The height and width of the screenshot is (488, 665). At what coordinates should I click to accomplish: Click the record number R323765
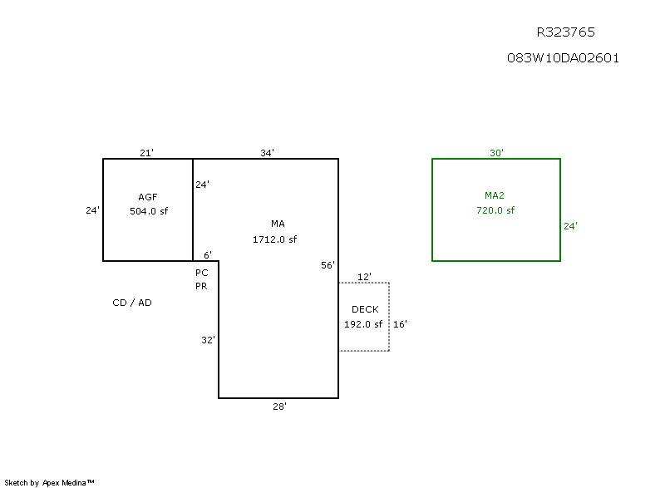point(565,32)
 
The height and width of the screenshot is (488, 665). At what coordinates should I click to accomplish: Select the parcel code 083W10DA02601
point(563,58)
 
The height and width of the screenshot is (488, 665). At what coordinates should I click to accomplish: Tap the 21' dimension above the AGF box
point(146,153)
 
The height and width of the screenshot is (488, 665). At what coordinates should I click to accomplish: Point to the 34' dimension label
point(267,153)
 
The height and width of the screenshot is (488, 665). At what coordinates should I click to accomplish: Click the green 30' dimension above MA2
point(496,153)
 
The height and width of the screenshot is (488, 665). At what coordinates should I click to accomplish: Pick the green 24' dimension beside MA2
point(570,225)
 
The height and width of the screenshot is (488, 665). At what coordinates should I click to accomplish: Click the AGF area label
point(148,197)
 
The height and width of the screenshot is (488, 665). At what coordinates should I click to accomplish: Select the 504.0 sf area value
point(148,211)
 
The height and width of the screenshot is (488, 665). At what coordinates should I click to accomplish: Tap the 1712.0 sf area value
point(275,239)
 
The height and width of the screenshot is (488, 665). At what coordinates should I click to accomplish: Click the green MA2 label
point(495,195)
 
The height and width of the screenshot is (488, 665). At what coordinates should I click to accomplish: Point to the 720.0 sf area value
point(495,210)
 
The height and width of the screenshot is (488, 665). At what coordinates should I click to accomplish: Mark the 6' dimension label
point(208,255)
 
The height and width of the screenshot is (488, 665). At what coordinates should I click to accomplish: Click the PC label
point(201,273)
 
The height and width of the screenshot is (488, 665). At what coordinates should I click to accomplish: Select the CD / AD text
point(132,303)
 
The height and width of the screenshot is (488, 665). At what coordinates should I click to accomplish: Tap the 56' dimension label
point(328,265)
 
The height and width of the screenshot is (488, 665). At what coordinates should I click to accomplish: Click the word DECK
point(365,309)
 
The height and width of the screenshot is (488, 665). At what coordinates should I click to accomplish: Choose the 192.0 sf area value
point(363,324)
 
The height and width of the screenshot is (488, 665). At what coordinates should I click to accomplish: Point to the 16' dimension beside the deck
point(400,324)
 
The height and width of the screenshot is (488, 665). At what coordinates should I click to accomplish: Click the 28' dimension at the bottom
point(280,407)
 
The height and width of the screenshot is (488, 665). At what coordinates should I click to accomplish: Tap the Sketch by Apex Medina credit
point(50,482)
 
